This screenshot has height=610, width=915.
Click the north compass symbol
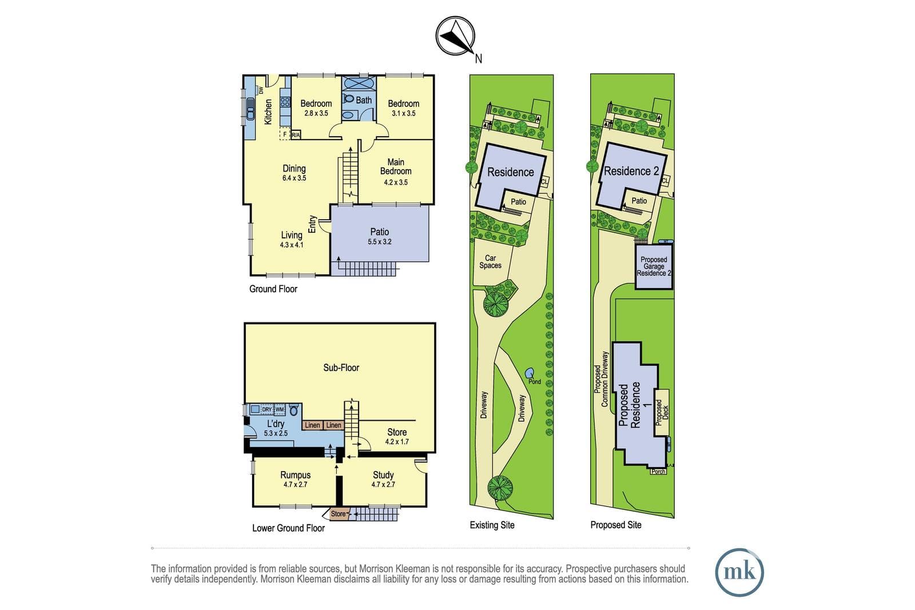coord(455,36)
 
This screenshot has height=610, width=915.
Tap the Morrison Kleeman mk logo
coord(739,572)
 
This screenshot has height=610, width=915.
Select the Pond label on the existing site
coord(534,382)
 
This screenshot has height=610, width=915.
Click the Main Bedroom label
coord(395,166)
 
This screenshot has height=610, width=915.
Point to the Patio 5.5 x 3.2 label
coord(380,236)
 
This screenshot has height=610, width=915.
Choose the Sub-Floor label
coord(341,368)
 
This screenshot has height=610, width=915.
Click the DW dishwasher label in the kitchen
coord(261,90)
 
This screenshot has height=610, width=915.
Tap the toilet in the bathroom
coord(348,98)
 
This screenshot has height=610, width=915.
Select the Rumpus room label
coord(295,475)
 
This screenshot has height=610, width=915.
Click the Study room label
coord(383,475)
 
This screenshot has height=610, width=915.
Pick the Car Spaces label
coord(490,262)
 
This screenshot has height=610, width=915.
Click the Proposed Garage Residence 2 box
coord(654,266)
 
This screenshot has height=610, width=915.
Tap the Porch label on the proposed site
coord(658,472)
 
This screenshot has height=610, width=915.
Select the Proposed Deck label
coord(662,412)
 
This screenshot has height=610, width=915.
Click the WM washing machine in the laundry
coord(280,409)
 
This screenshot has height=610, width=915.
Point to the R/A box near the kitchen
coord(295,135)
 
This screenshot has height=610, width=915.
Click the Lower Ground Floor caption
coord(288,528)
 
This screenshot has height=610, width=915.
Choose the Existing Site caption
coord(492,525)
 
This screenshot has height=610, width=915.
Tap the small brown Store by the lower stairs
coord(338,513)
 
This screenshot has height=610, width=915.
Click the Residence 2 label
coord(631,171)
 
